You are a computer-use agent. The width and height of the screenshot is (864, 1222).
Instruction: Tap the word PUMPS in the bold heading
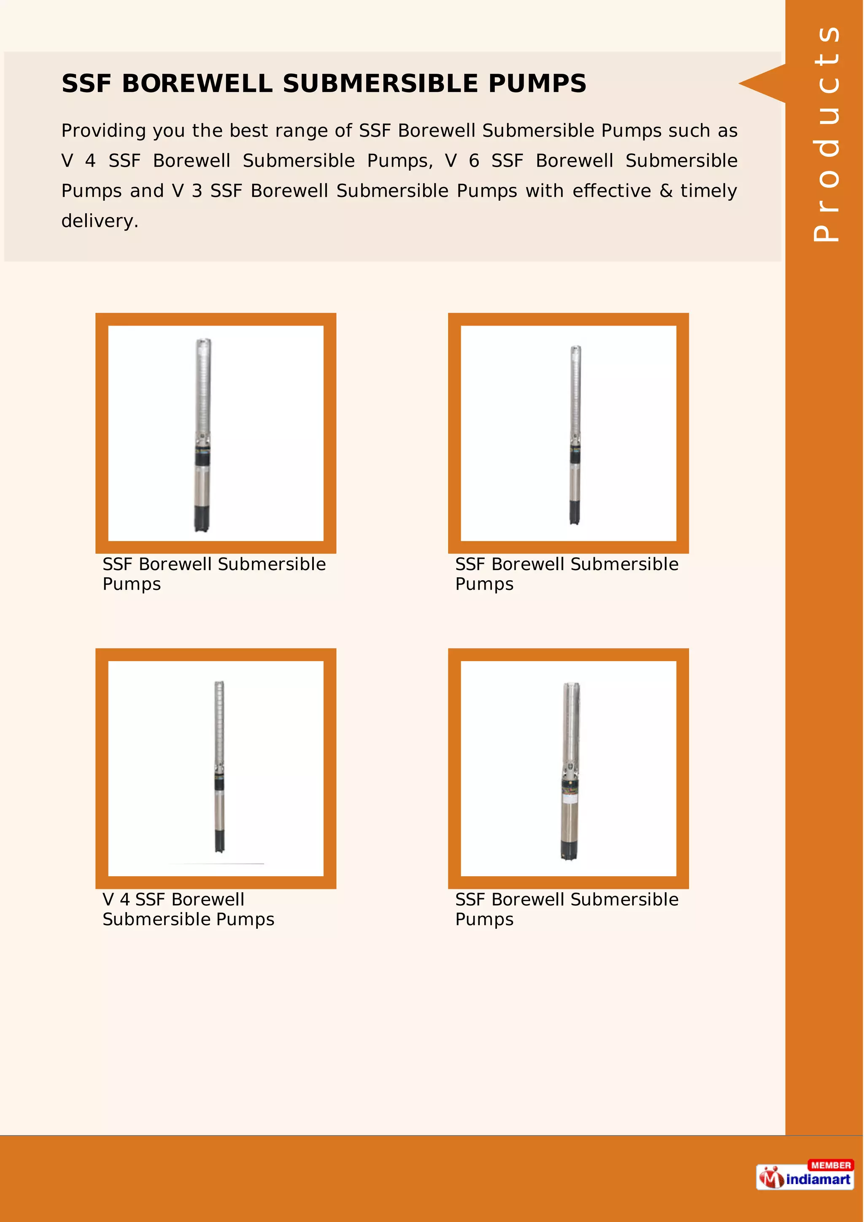pyautogui.click(x=537, y=83)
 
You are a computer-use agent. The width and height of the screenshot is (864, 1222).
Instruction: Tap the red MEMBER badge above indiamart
pyautogui.click(x=831, y=1165)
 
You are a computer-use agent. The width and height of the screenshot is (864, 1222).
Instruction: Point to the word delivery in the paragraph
pyautogui.click(x=100, y=221)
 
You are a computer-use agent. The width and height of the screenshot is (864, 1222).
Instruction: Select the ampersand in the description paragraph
pyautogui.click(x=665, y=191)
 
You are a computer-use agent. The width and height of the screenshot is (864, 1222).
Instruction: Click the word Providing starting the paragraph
pyautogui.click(x=103, y=130)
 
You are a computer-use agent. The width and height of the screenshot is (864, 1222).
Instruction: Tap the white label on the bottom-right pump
pyautogui.click(x=570, y=799)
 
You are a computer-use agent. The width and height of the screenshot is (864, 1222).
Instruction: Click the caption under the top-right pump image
pyautogui.click(x=567, y=574)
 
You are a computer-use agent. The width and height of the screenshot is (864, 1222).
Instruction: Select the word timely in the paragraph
pyautogui.click(x=709, y=191)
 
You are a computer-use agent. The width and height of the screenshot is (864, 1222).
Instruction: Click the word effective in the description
pyautogui.click(x=612, y=191)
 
